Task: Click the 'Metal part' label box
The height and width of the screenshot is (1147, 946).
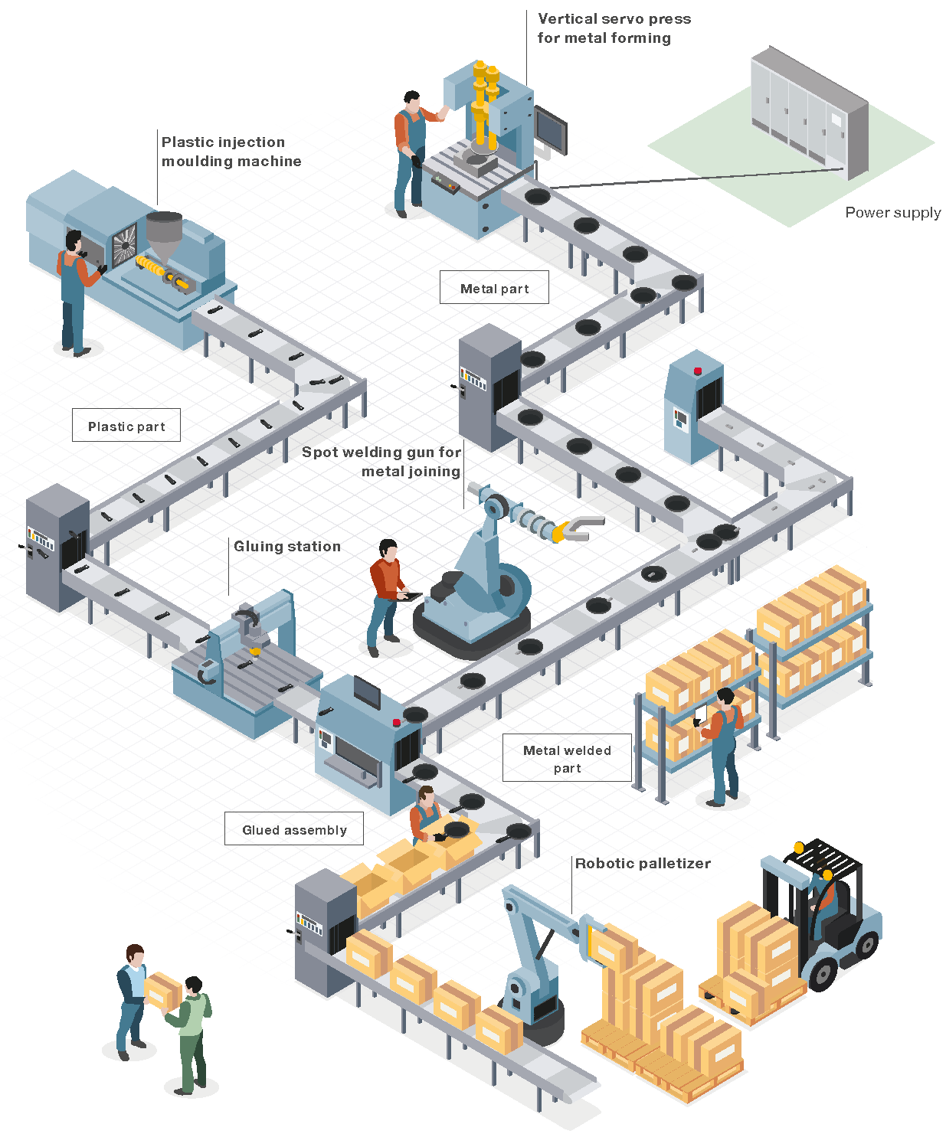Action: [494, 288]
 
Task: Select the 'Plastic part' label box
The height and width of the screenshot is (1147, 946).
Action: [126, 426]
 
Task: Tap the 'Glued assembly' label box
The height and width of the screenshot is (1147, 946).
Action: [294, 829]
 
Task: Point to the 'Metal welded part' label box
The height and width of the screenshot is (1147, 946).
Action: [567, 758]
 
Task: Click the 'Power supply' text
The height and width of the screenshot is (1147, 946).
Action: [892, 212]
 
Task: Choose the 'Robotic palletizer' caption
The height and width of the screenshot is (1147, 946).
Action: [643, 863]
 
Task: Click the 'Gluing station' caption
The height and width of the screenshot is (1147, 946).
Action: [287, 546]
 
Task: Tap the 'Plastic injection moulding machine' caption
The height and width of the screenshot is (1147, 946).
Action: [231, 151]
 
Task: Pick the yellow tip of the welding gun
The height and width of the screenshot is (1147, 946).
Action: [561, 531]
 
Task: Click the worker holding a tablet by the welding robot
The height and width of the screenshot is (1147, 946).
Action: [386, 593]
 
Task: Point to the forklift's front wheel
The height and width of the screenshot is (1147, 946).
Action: [823, 973]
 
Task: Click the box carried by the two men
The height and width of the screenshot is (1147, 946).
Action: [162, 990]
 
